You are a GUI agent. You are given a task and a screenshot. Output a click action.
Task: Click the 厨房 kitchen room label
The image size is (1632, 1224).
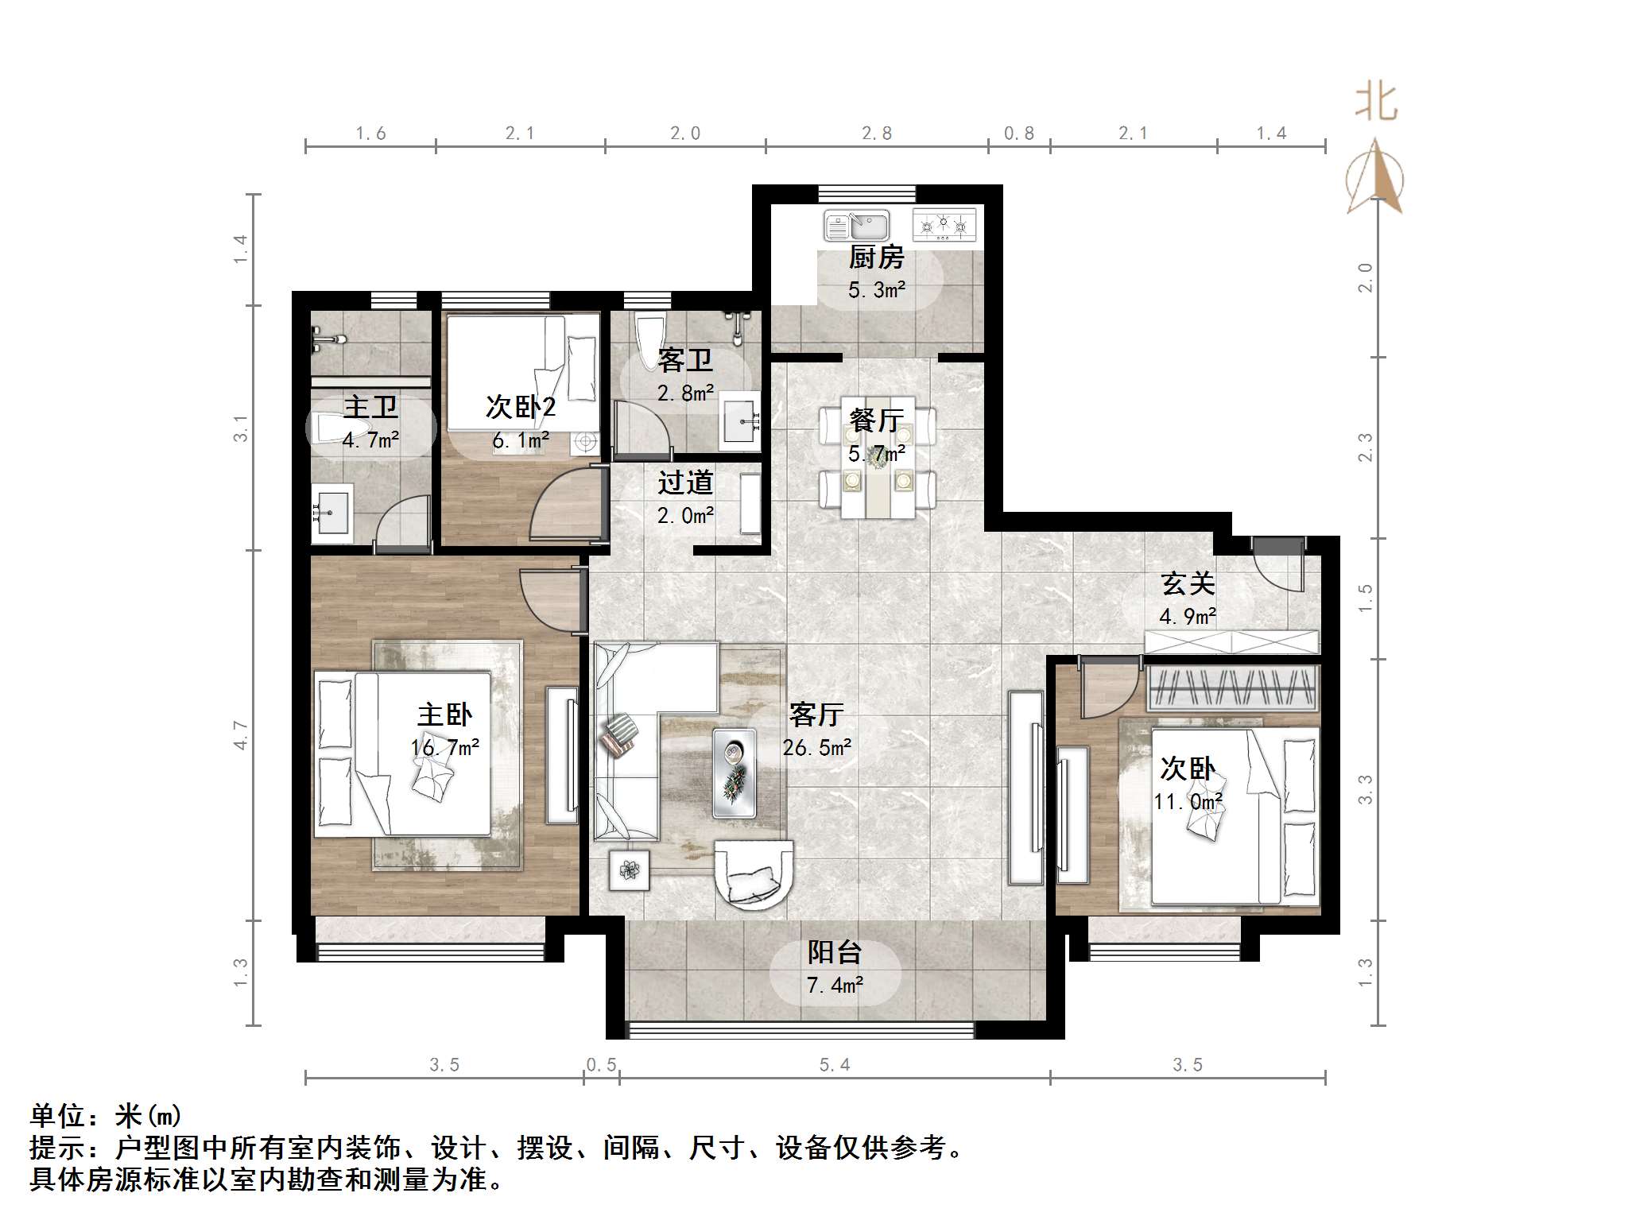click(876, 258)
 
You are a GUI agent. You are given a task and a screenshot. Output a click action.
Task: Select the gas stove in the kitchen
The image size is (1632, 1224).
click(944, 225)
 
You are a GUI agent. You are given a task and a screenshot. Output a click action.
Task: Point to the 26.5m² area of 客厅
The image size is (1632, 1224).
click(816, 748)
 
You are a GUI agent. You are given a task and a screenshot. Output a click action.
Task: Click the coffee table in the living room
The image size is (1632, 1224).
click(734, 773)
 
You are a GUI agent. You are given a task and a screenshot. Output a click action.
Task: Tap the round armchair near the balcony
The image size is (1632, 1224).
click(753, 874)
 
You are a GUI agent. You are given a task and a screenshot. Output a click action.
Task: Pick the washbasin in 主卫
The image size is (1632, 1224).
click(330, 513)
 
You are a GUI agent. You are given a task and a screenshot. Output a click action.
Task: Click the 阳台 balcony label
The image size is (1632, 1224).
click(835, 952)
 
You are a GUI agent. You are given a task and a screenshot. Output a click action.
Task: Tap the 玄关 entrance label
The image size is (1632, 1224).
click(1188, 584)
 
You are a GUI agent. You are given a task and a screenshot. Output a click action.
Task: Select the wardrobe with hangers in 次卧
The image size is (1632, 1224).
click(1232, 688)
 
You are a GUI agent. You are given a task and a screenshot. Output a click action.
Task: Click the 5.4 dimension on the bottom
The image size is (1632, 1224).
click(835, 1065)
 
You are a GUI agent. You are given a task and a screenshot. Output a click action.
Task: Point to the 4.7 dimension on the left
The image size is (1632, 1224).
click(241, 735)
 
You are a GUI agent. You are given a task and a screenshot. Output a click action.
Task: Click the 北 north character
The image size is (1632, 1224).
click(1376, 103)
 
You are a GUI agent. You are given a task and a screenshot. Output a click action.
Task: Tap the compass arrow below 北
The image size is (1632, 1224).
click(1375, 179)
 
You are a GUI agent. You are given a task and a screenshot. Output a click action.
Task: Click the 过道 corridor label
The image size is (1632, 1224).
click(685, 482)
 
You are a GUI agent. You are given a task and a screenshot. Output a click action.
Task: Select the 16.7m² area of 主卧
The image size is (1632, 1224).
click(445, 748)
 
